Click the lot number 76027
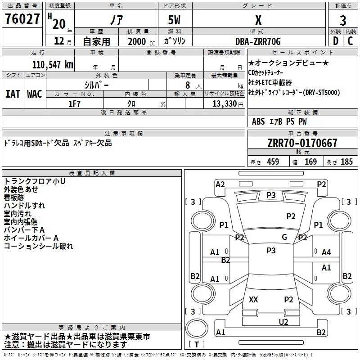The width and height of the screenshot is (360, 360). tap(22, 19)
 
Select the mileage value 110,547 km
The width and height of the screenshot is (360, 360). tap(53, 65)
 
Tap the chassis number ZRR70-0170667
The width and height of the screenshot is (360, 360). tap(302, 143)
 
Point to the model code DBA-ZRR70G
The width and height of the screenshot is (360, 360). tap(258, 41)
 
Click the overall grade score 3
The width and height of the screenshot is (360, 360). tap(343, 21)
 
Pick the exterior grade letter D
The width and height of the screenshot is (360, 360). tap(336, 41)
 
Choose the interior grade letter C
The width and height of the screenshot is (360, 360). tap(350, 41)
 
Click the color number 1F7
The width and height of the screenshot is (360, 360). tap(74, 104)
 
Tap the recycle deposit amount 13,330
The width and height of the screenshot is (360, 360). tap(224, 103)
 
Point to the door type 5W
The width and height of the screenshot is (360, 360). tap(174, 20)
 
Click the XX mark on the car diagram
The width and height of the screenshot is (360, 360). tap(253, 299)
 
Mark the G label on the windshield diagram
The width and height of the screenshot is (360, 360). tap(284, 237)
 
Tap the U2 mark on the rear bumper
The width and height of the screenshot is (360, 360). tap(283, 322)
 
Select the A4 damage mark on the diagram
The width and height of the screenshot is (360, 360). tap(326, 252)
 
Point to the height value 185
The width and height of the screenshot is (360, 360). tap(346, 162)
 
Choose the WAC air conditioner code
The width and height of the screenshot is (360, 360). tap(35, 94)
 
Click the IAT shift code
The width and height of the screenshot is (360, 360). tap(13, 94)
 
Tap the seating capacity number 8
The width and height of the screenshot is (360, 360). tap(188, 85)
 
